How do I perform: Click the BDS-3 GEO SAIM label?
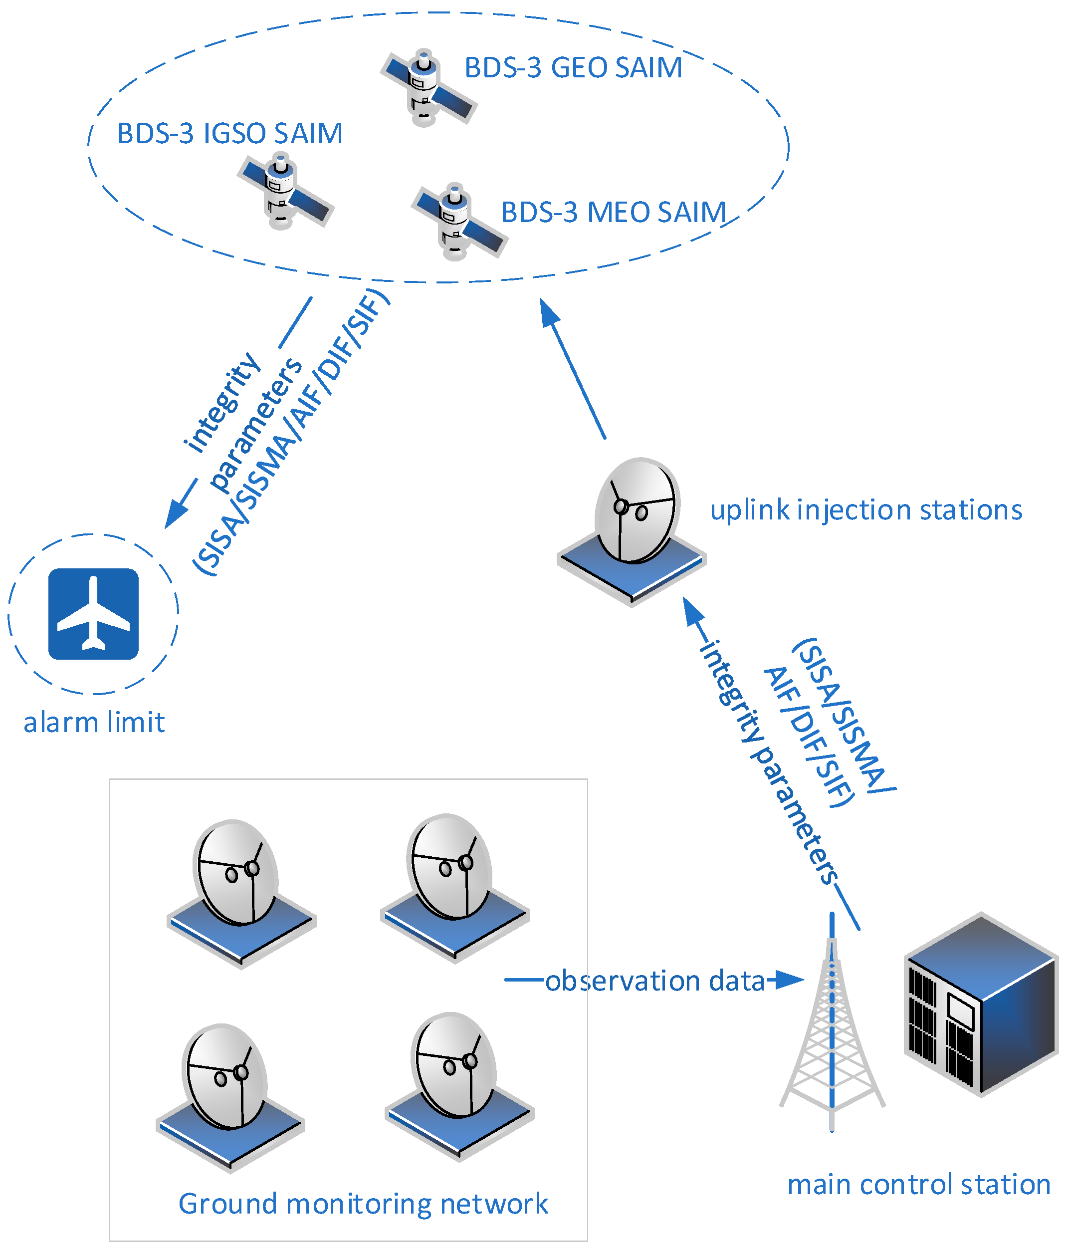[572, 67]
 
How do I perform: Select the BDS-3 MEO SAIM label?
[613, 212]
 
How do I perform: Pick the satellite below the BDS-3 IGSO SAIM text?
[284, 192]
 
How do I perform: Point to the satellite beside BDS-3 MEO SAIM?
[458, 222]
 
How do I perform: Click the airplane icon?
[93, 614]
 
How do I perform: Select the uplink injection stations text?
[865, 510]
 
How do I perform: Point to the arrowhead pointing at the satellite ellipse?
[548, 312]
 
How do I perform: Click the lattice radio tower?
[832, 1025]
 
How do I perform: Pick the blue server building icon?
[981, 1004]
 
